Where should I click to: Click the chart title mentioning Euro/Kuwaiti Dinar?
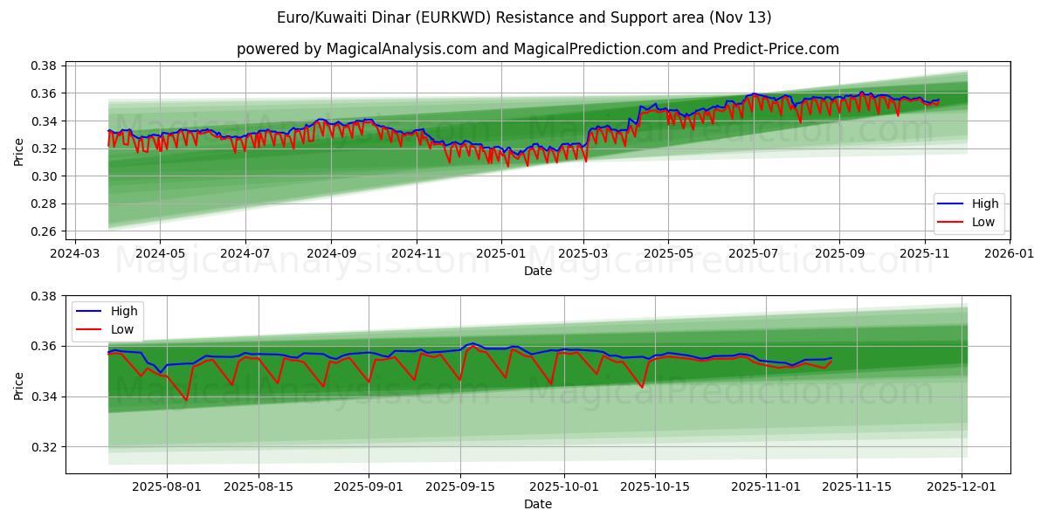524,17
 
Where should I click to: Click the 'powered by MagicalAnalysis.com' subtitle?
537,49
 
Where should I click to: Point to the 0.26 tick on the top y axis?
45,231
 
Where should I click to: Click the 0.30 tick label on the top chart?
45,176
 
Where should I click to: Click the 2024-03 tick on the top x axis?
74,253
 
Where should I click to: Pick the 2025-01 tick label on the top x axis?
501,253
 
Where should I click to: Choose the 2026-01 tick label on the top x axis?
1009,253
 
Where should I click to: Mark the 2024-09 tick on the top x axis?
331,253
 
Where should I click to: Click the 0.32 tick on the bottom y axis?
45,447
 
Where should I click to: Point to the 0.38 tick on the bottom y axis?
45,296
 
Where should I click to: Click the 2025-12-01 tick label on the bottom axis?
962,487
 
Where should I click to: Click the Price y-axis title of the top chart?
18,150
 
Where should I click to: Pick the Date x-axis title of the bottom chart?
537,504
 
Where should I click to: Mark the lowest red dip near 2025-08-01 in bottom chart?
186,400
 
